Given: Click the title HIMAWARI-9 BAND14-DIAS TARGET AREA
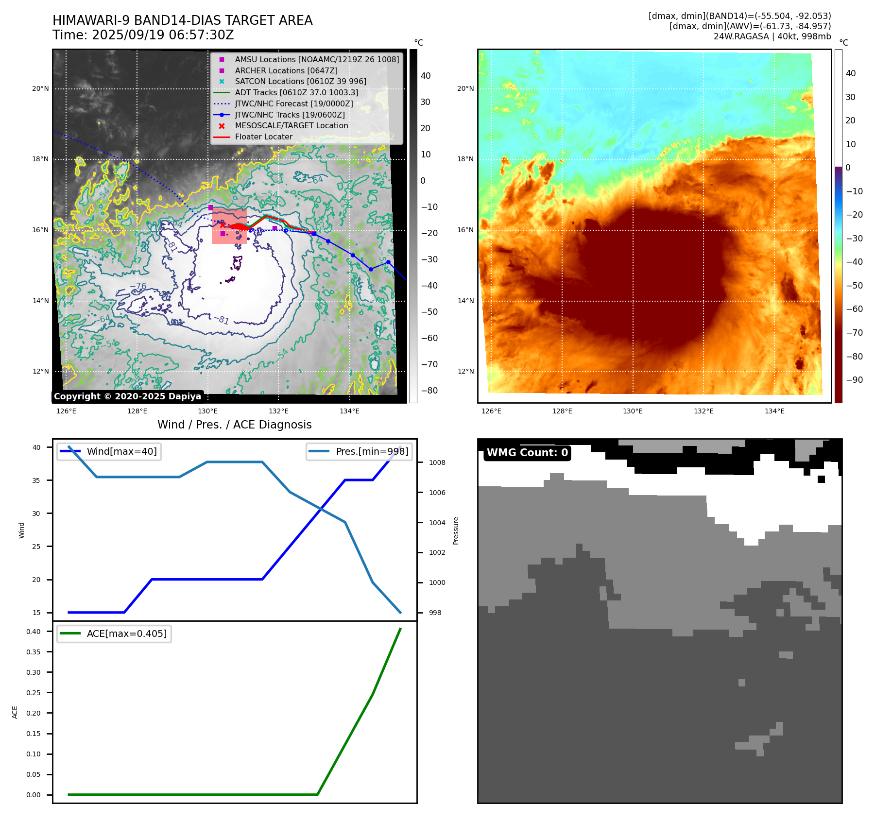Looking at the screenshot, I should click(182, 20).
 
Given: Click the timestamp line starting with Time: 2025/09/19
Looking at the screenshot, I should click(143, 35).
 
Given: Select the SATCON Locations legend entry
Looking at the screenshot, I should click(300, 82).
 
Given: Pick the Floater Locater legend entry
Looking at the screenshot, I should click(263, 137).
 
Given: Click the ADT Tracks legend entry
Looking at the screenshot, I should click(296, 92).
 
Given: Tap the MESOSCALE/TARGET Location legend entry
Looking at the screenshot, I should click(291, 126).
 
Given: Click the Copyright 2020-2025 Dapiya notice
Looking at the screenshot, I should click(127, 396).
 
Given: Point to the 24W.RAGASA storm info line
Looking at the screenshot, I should click(772, 36).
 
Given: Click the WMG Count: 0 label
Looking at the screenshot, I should click(527, 453).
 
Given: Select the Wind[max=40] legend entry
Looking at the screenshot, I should click(121, 452).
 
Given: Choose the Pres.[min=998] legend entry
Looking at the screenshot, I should click(372, 452).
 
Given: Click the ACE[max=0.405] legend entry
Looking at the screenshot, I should click(126, 633).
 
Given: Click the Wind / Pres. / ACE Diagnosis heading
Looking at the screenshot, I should click(234, 425).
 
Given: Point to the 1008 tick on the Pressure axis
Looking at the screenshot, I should click(437, 462).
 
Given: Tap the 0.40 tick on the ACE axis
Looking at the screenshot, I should click(34, 632).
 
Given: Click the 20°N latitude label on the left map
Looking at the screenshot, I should click(40, 89).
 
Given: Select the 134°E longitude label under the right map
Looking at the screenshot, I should click(774, 411).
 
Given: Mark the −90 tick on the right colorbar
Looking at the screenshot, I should click(854, 380).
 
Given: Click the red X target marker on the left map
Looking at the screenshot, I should click(223, 225).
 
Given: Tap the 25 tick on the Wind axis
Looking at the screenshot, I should click(36, 547).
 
